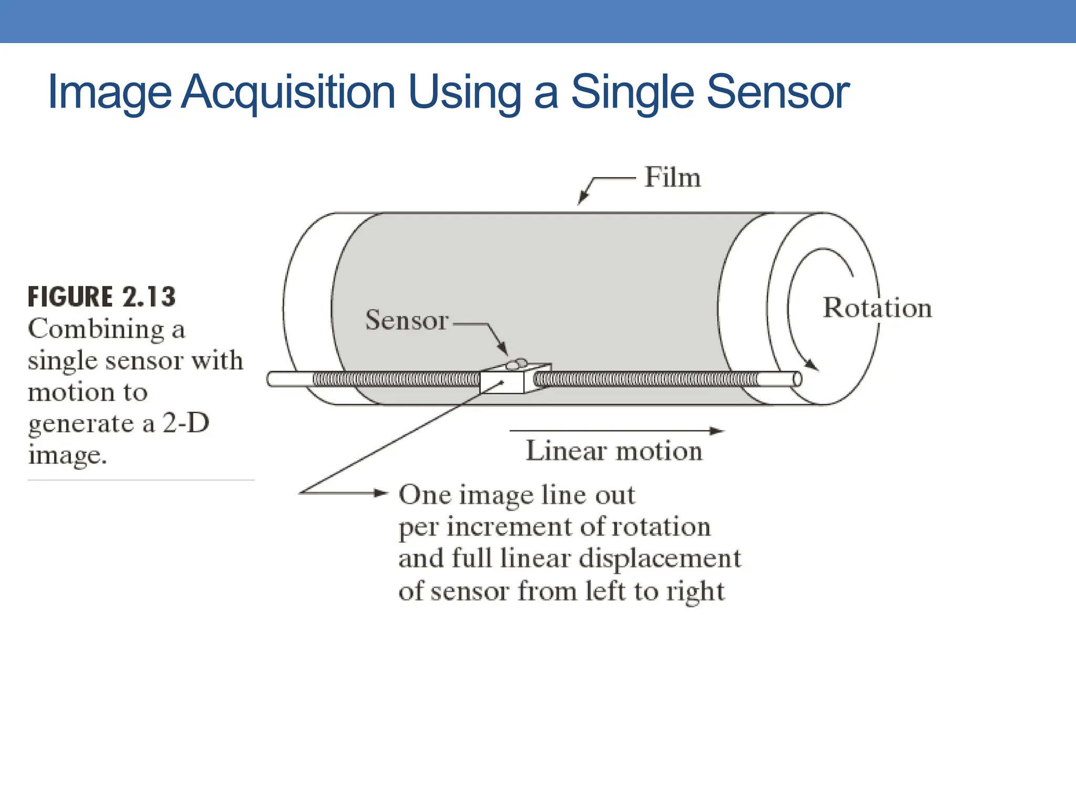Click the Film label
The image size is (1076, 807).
coord(672,177)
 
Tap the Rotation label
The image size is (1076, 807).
coord(877,307)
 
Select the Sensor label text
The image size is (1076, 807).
coord(407,319)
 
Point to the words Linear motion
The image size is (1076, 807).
coord(614,451)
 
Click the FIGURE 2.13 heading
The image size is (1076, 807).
coord(101,297)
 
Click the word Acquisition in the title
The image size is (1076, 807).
coord(288,92)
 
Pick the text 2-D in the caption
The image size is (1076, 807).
coord(185,423)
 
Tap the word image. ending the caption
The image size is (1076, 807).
coord(67,455)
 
